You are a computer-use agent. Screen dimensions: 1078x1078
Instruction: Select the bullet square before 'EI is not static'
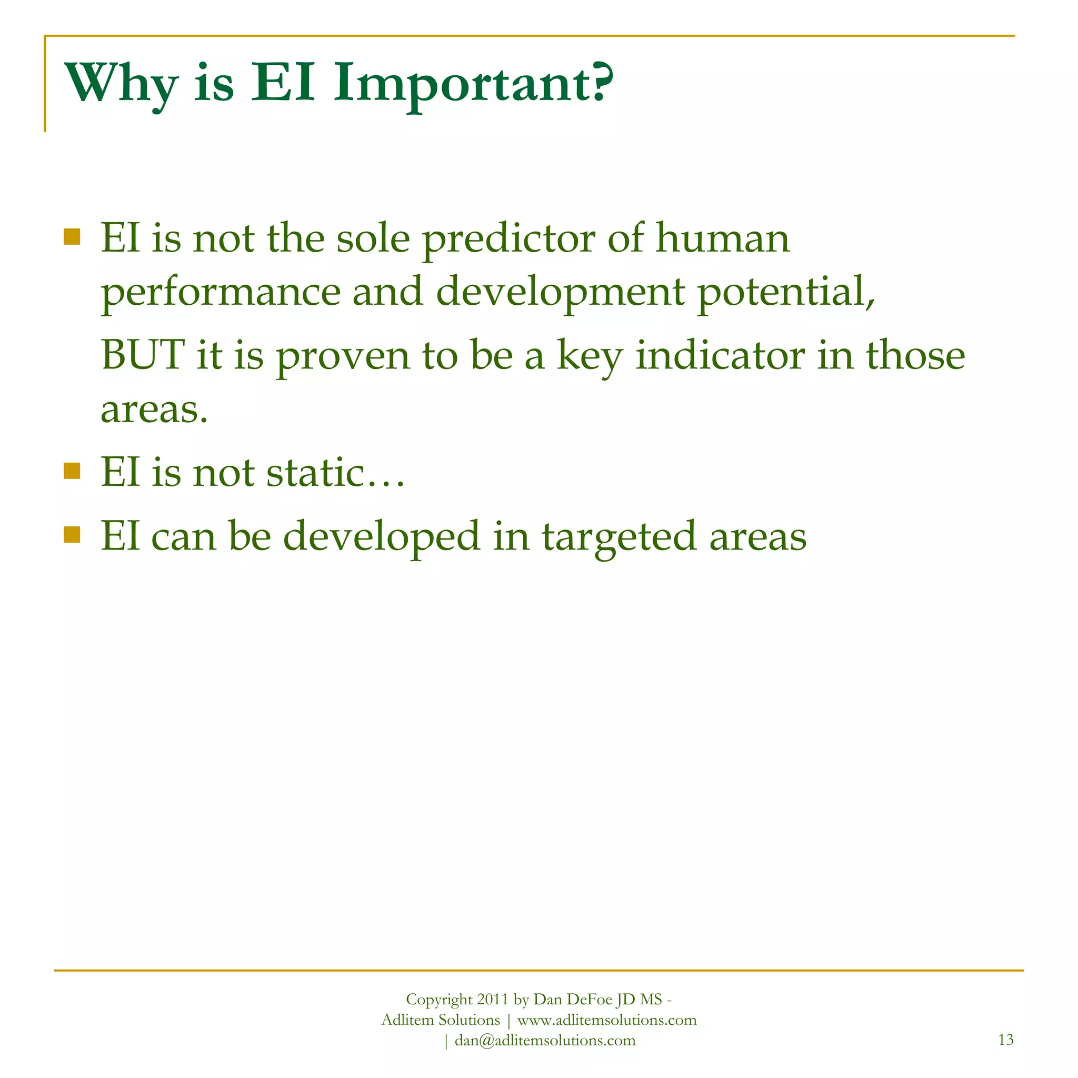[x=72, y=471]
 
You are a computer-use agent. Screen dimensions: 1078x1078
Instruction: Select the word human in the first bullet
[x=723, y=238]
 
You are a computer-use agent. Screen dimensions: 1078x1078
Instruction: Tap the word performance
[x=221, y=294]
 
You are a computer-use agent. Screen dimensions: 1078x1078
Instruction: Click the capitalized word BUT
[x=143, y=355]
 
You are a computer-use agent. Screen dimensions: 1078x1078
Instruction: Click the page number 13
[x=1005, y=1040]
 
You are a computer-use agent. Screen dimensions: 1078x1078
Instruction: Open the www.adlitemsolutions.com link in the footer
[x=607, y=1020]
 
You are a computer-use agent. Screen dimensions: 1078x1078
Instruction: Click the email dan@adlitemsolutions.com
[x=545, y=1040]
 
